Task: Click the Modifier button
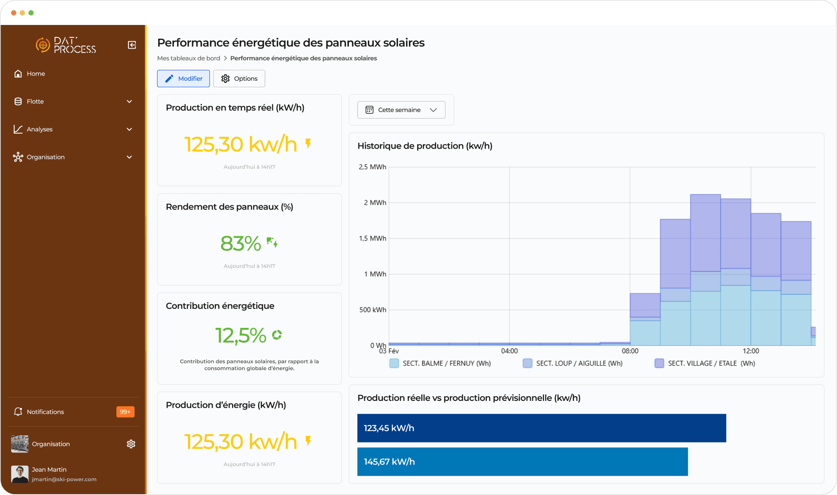coord(183,79)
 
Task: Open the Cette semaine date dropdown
coord(401,110)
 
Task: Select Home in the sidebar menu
coord(36,74)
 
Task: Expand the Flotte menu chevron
coord(129,101)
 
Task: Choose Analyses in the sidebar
coord(40,129)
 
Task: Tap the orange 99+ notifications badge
coord(125,412)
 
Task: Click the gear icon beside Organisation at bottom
coord(131,444)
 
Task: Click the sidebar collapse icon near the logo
coord(132,45)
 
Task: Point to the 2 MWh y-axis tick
coord(375,202)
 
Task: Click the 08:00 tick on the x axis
coord(630,351)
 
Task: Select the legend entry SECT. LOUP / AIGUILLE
coord(579,364)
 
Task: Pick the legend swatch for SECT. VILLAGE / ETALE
coord(659,364)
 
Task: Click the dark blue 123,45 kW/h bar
coord(541,428)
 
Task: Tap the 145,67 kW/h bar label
coord(389,462)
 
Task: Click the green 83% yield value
coord(241,244)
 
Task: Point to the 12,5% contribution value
coord(241,336)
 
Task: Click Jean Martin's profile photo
coord(20,474)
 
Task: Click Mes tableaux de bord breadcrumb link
coord(189,58)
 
